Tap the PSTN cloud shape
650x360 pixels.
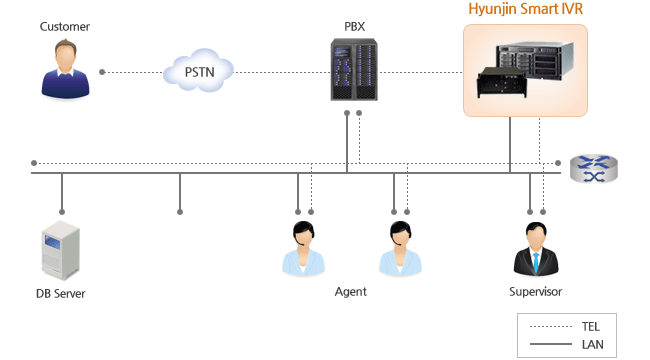[198, 71]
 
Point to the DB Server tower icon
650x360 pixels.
[60, 251]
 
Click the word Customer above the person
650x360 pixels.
[64, 26]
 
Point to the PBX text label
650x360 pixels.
[352, 26]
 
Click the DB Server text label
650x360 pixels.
[60, 293]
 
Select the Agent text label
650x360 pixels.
[350, 292]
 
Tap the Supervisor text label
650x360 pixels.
[535, 292]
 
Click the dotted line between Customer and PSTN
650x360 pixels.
[130, 72]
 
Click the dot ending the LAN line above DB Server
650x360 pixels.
[62, 212]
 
